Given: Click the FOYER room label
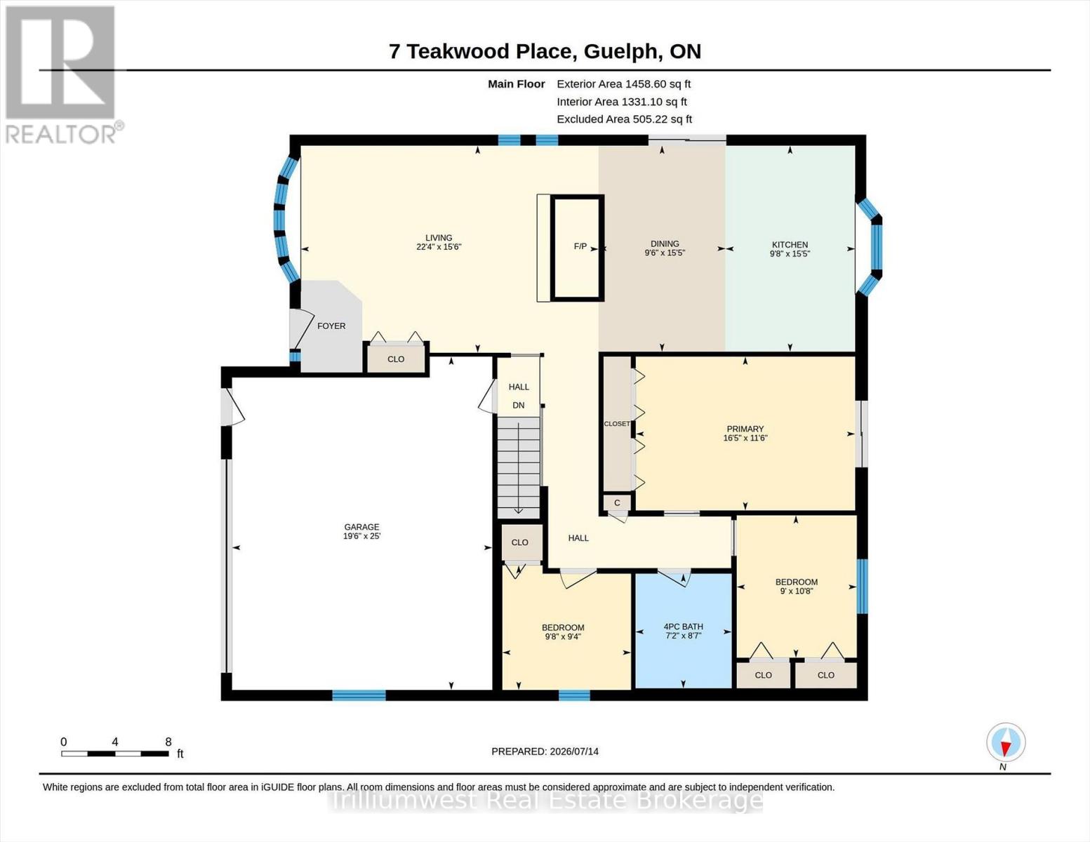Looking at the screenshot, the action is click(x=331, y=326).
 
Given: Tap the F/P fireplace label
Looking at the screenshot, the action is click(x=580, y=246).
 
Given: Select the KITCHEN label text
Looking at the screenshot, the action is click(x=790, y=245).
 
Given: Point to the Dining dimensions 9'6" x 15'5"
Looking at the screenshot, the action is click(x=665, y=253).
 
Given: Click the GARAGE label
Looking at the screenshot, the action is click(x=361, y=527).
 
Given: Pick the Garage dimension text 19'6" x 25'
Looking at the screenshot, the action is click(x=361, y=535).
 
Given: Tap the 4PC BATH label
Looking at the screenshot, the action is click(x=683, y=627).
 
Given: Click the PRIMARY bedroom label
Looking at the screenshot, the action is click(x=745, y=429).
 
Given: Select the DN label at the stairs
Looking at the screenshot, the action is click(x=518, y=405).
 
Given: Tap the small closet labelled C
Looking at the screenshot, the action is click(x=617, y=503).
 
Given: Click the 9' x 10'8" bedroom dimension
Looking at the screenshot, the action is click(x=797, y=592).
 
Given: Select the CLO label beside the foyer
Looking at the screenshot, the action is click(x=396, y=359).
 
